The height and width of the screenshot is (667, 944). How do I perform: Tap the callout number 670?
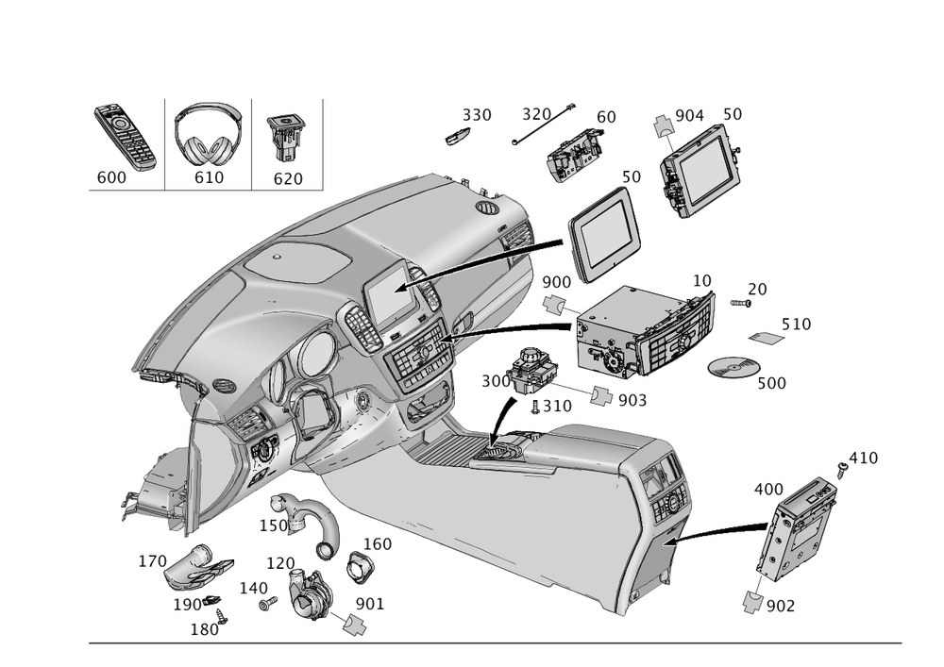click(x=287, y=177)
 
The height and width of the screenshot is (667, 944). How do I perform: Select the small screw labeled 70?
click(x=744, y=303)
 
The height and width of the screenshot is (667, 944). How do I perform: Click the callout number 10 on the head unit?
click(x=701, y=281)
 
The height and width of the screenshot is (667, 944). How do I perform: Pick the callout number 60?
click(x=606, y=116)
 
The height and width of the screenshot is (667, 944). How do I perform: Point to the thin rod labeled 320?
click(x=543, y=126)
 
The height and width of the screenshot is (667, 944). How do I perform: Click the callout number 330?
click(x=477, y=115)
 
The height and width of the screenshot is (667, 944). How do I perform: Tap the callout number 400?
click(x=767, y=490)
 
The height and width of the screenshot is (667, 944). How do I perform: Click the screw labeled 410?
click(x=839, y=466)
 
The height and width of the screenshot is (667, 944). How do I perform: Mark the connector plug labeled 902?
click(x=755, y=601)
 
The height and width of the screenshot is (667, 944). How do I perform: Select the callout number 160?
click(x=378, y=544)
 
